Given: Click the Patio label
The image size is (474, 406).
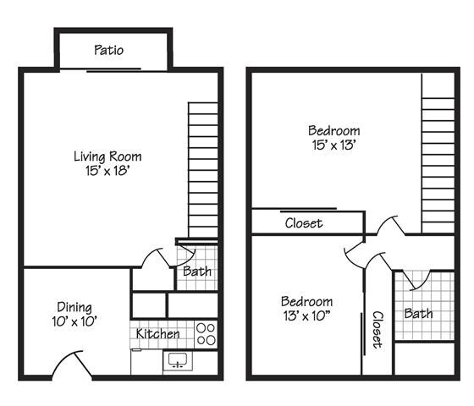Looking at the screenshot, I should pos(108,50).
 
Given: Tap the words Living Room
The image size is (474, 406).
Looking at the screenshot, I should pos(107,156).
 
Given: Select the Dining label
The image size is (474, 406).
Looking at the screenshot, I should pos(74,307).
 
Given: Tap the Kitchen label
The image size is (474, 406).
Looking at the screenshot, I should pos(158,334).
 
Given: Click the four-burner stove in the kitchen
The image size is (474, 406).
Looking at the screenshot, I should pos(205,334).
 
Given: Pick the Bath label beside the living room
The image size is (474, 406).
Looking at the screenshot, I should pos(197,272).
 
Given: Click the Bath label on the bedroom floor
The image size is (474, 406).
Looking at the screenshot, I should pos(418,314).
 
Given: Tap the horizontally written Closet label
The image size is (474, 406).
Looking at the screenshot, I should pos(303,223).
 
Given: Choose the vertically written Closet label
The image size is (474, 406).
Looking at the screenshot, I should pos(377,330).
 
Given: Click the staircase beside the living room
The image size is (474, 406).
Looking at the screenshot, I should pos(203,169).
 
